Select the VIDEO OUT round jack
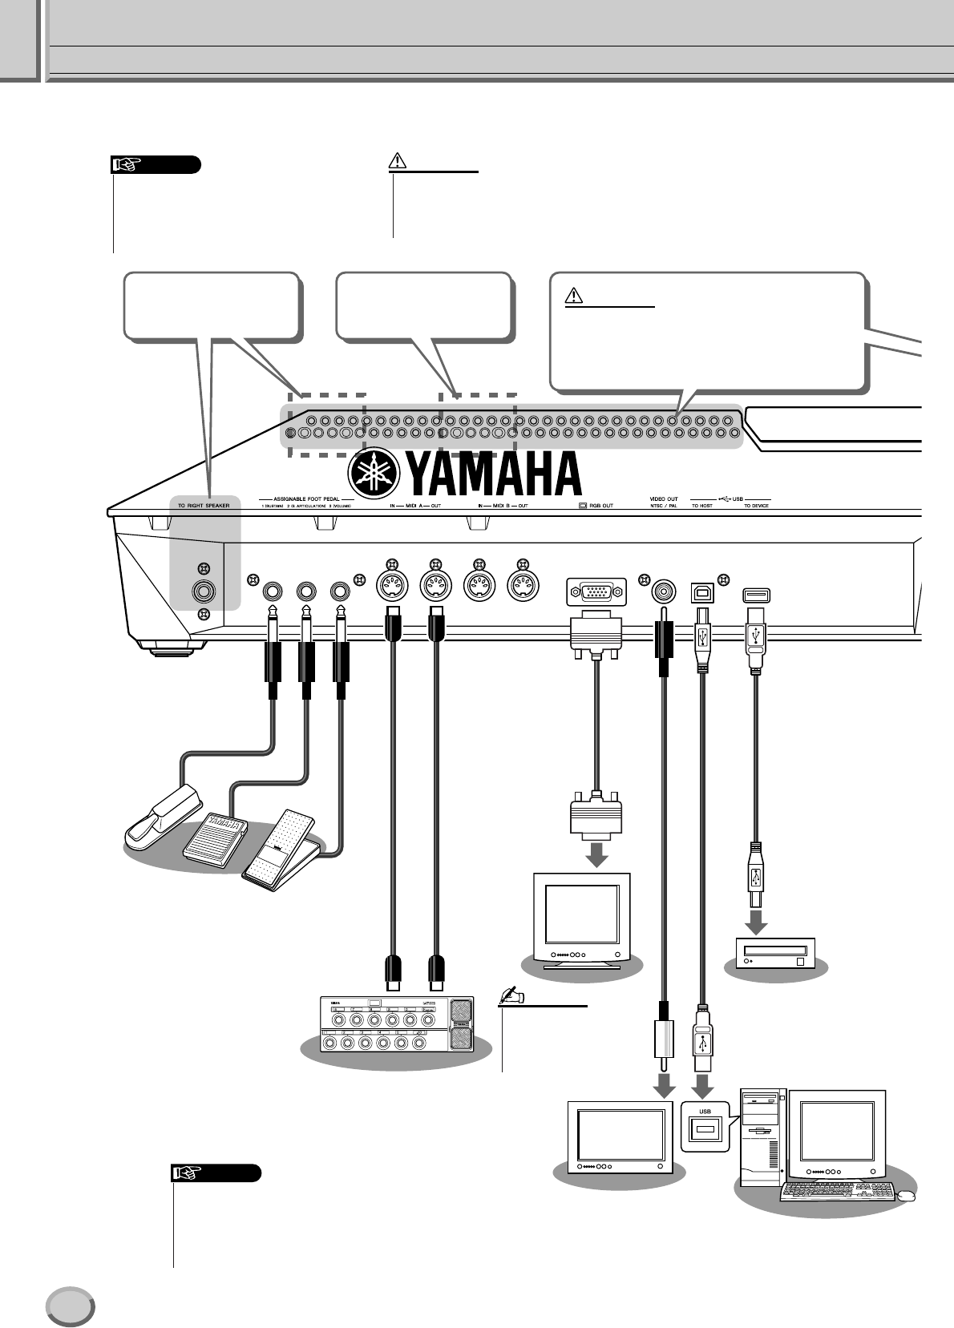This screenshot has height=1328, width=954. (663, 591)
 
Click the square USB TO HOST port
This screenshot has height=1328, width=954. (702, 593)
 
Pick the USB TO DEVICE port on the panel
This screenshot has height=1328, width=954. (755, 594)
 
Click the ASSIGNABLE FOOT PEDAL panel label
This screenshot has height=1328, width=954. (308, 499)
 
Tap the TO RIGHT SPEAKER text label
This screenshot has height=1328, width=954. (204, 506)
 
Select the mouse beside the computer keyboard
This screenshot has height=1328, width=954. (906, 1196)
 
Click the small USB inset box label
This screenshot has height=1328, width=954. (705, 1112)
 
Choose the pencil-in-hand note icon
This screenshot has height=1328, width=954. (510, 996)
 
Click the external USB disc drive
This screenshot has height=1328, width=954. (774, 951)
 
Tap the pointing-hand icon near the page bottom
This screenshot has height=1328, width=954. (187, 1173)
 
